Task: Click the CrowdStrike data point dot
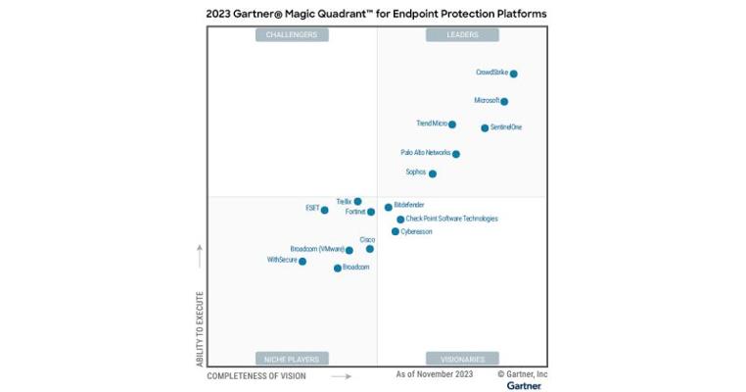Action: click(x=514, y=73)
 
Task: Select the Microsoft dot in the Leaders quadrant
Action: click(x=504, y=101)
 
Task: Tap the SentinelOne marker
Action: click(x=485, y=127)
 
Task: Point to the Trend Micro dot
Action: click(x=452, y=124)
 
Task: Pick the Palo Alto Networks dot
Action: click(x=456, y=154)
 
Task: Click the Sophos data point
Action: click(x=433, y=173)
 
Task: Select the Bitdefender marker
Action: click(x=389, y=207)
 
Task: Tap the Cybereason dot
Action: click(x=396, y=232)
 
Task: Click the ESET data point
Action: click(x=325, y=210)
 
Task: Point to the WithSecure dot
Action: click(x=303, y=262)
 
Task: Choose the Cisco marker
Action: click(x=370, y=249)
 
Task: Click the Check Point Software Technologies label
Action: click(x=451, y=219)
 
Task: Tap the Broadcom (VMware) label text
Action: click(x=316, y=250)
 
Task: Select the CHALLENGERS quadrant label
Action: click(x=292, y=35)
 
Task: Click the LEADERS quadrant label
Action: click(x=462, y=35)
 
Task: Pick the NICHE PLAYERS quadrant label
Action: click(x=292, y=359)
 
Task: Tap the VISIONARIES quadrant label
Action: click(x=462, y=359)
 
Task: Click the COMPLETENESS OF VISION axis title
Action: click(x=256, y=375)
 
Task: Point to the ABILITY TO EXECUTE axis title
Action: click(x=200, y=329)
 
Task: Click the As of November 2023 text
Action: click(x=434, y=374)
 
